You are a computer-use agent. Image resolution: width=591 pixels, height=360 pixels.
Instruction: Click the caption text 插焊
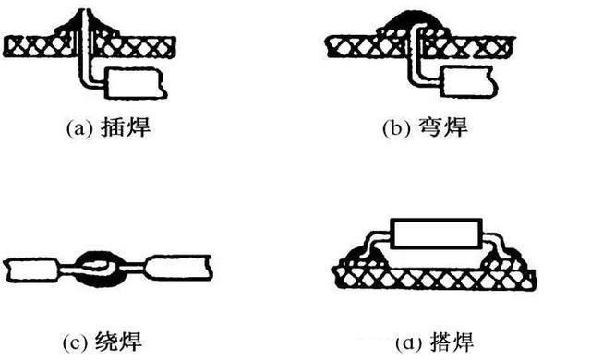[126, 126]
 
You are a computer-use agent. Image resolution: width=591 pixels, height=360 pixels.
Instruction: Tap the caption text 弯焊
[443, 127]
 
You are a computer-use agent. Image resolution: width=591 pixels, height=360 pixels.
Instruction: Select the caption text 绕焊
[119, 342]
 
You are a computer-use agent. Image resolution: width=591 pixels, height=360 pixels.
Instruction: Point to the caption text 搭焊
[452, 342]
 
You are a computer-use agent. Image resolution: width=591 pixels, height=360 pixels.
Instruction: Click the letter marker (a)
[79, 128]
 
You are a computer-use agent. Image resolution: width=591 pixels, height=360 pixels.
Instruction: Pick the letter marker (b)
[396, 128]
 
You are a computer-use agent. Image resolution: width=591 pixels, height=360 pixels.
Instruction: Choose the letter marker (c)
[76, 343]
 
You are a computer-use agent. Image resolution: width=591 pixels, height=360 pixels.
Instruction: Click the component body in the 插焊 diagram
[136, 83]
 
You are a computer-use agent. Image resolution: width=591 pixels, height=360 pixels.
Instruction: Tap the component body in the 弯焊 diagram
[468, 82]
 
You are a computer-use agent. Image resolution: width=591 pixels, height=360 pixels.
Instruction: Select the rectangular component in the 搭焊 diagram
[437, 234]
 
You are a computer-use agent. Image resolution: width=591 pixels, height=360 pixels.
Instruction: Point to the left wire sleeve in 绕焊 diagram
[32, 270]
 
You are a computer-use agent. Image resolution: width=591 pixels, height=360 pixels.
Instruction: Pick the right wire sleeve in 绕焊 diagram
[177, 268]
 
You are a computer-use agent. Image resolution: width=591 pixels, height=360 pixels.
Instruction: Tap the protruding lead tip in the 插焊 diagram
[84, 15]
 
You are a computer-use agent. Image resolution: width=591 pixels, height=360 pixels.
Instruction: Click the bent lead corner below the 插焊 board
[84, 82]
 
